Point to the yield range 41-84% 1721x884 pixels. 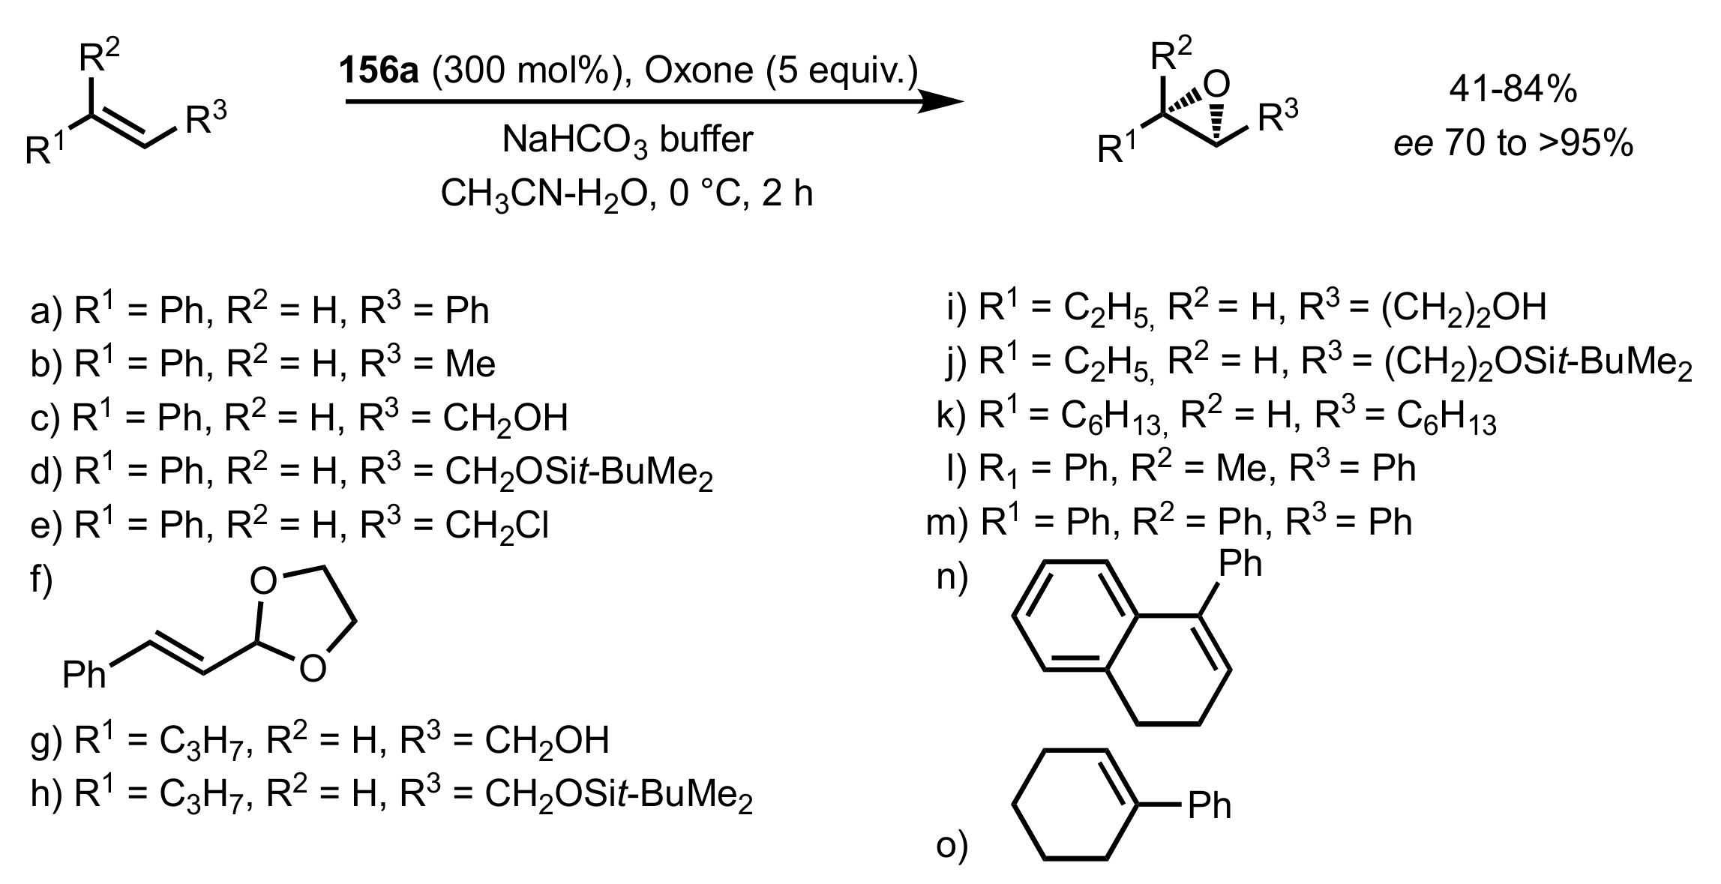point(1513,90)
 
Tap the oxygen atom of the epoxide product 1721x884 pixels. point(1219,84)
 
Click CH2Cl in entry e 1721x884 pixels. point(496,526)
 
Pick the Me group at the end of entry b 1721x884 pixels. point(470,364)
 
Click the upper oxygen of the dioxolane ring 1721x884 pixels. point(263,582)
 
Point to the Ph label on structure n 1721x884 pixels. point(1240,564)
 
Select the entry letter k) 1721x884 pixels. point(952,415)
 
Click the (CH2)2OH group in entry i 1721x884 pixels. point(1463,310)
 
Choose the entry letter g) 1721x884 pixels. point(46,742)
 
